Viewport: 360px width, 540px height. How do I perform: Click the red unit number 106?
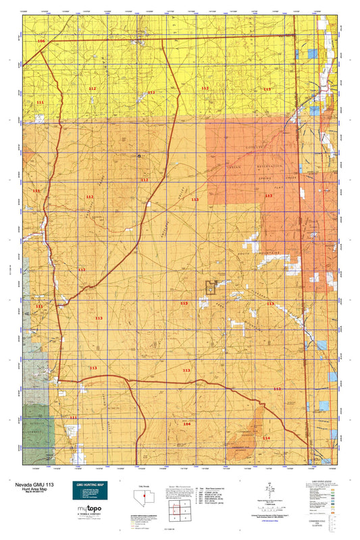coord(42,42)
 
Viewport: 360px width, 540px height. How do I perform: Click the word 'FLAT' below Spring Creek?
coord(278,190)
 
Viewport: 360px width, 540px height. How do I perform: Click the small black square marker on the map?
coord(139,155)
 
